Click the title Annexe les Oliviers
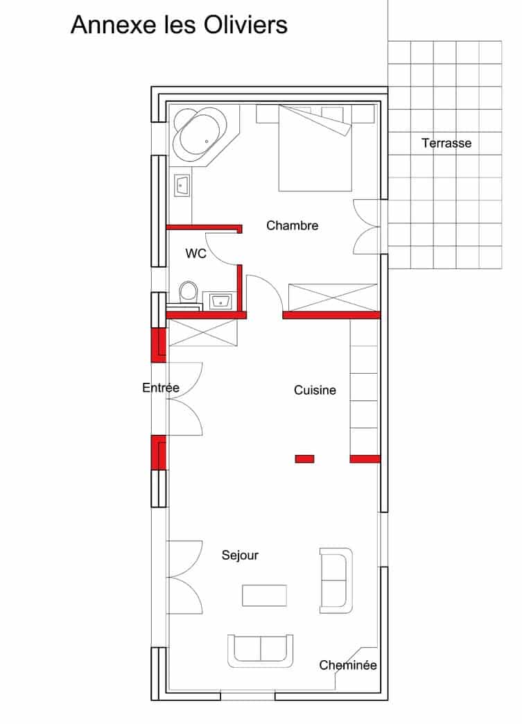(x=179, y=25)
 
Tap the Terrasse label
(x=446, y=144)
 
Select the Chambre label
(x=292, y=225)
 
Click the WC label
(x=195, y=254)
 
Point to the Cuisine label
(x=315, y=390)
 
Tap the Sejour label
(x=240, y=555)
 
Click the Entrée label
(x=161, y=388)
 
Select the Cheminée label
(x=348, y=665)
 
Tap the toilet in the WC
(x=187, y=292)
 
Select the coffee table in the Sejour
(x=264, y=595)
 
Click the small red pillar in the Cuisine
(x=304, y=458)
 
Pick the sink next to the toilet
(x=221, y=301)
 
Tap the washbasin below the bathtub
(x=182, y=186)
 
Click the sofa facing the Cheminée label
(x=336, y=580)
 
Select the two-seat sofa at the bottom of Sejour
(x=261, y=650)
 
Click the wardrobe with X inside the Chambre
(x=333, y=297)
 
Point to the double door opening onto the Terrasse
(x=367, y=226)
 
